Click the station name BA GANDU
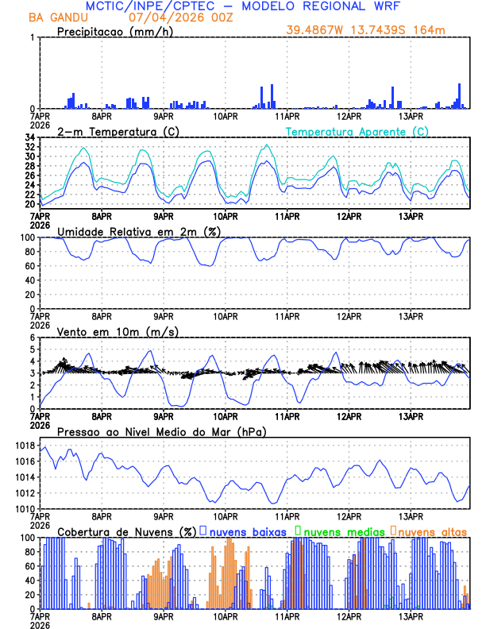58,17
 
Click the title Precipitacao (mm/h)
114,32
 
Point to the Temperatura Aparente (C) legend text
357,131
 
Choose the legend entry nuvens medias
343,531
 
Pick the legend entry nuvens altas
433,531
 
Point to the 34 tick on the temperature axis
29,137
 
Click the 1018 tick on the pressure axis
24,446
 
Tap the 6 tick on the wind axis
33,338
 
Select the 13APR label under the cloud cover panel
411,615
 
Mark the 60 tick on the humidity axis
29,266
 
